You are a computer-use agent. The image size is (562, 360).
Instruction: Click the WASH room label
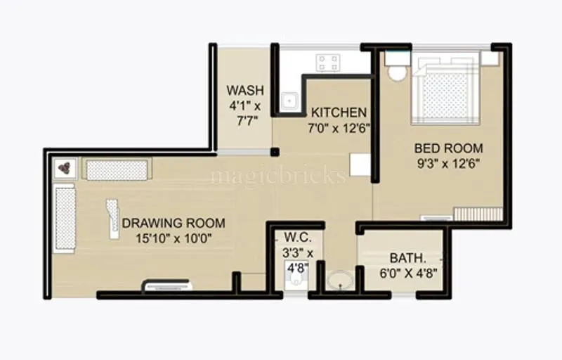point(245,91)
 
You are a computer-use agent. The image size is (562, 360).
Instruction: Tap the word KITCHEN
point(339,112)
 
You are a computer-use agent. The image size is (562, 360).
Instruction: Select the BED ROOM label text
point(448,148)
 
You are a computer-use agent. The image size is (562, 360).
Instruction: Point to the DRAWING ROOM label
point(174,224)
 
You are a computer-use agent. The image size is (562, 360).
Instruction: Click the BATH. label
point(404,258)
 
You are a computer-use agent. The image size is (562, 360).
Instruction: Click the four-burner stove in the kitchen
point(327,63)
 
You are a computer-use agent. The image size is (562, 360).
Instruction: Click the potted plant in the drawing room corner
point(65,167)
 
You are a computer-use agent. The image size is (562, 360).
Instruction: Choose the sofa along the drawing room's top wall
point(117,169)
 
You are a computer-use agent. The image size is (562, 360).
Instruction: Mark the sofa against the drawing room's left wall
point(65,217)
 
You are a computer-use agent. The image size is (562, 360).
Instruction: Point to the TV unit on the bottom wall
point(166,285)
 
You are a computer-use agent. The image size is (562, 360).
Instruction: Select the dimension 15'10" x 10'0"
point(174,238)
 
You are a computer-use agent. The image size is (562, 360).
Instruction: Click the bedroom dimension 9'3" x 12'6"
point(448,164)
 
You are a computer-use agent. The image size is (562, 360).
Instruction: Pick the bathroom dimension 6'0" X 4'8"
point(403,273)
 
